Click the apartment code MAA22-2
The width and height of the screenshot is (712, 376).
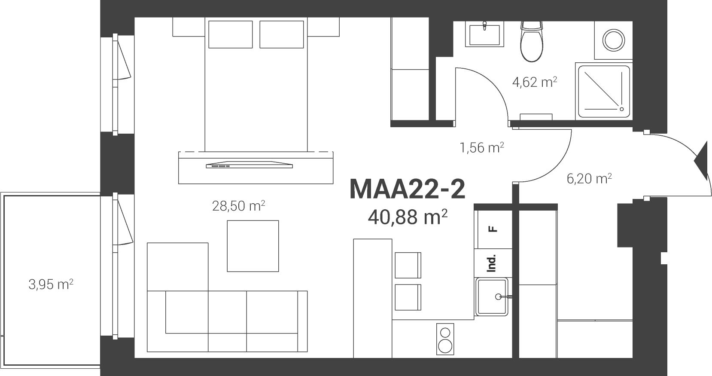407,190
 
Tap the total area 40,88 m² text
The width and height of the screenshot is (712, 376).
408,217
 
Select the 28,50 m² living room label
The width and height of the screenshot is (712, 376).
238,206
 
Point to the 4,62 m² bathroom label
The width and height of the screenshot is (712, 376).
535,82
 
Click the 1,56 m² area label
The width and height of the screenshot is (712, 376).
482,147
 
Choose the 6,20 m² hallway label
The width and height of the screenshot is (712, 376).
589,178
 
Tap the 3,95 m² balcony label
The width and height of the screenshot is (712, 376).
51,284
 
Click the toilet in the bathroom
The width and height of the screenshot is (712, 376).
532,41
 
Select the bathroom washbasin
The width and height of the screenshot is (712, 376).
484,34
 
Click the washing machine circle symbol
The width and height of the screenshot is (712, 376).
614,40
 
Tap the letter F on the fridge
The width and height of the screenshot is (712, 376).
493,229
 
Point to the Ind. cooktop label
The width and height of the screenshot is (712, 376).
492,263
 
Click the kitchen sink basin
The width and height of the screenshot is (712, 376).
491,297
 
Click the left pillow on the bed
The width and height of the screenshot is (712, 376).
231,34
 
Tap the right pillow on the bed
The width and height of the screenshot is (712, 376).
282,34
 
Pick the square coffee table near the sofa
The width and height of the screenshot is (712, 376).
253,246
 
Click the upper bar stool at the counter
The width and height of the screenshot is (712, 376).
408,265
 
